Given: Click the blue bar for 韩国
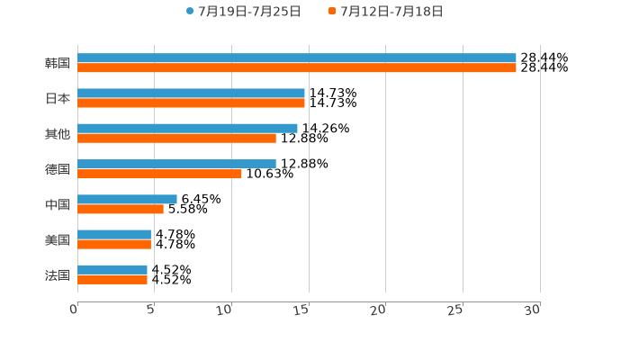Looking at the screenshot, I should click(x=297, y=58).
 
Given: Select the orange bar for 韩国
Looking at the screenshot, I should click(x=297, y=68).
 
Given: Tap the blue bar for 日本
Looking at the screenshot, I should click(x=191, y=94).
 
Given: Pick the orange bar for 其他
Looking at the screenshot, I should click(x=176, y=139).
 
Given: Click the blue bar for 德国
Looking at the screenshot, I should click(x=176, y=164).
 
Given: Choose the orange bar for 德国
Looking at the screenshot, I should click(x=159, y=174).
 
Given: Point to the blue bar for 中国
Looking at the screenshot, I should click(x=127, y=199).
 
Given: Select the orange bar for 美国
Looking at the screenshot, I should click(x=114, y=244).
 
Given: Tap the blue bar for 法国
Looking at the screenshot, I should click(x=112, y=269).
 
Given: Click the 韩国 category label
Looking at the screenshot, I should click(x=58, y=64).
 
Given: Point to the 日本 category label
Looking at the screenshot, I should click(x=58, y=99).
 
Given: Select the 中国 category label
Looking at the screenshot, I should click(x=58, y=204).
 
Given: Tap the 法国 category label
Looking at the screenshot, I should click(x=58, y=274).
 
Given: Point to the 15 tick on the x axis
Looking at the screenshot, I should click(x=302, y=309).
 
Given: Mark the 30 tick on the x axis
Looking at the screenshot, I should click(x=533, y=309).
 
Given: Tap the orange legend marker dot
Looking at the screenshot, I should click(x=332, y=12).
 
